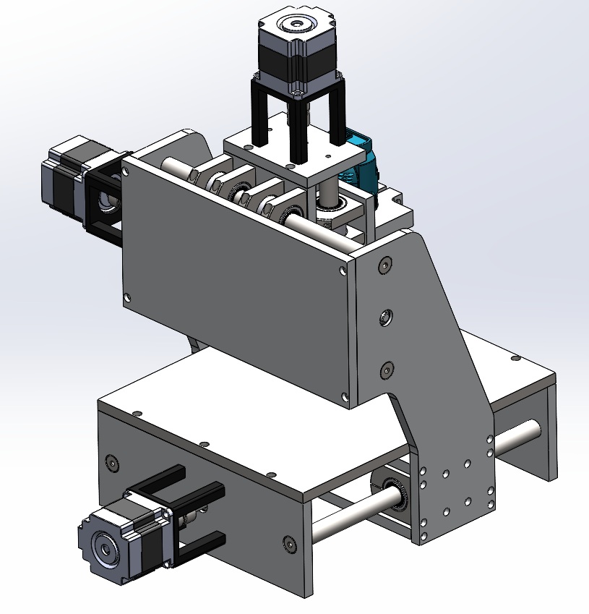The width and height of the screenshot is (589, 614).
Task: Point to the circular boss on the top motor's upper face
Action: point(296,25)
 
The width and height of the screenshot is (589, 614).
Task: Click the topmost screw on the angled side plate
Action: point(384,265)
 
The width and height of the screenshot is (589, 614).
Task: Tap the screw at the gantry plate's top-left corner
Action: point(128,172)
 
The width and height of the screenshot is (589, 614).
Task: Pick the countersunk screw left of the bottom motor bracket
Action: point(111,462)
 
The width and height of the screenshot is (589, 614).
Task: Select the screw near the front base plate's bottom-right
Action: point(290,542)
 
